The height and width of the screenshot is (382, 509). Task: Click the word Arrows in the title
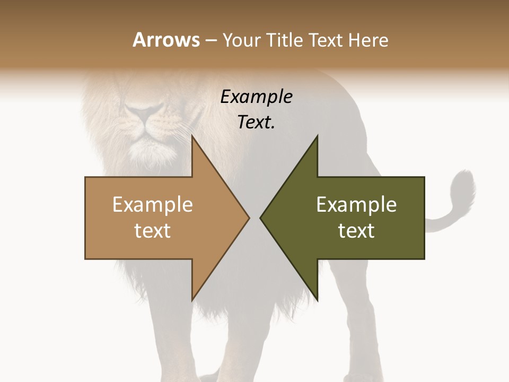(x=166, y=40)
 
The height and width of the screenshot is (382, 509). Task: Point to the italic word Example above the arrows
(x=256, y=97)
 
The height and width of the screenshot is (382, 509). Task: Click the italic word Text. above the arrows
(x=256, y=123)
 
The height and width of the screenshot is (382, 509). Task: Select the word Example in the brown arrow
(x=153, y=205)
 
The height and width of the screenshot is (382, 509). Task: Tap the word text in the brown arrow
(x=153, y=231)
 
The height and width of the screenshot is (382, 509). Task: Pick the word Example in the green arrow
(x=356, y=205)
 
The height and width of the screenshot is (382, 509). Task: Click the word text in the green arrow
(x=356, y=231)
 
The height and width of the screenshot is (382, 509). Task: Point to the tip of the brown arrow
(x=248, y=218)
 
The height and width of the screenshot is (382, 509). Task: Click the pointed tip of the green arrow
(x=261, y=218)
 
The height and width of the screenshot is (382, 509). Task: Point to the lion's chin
(x=142, y=151)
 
